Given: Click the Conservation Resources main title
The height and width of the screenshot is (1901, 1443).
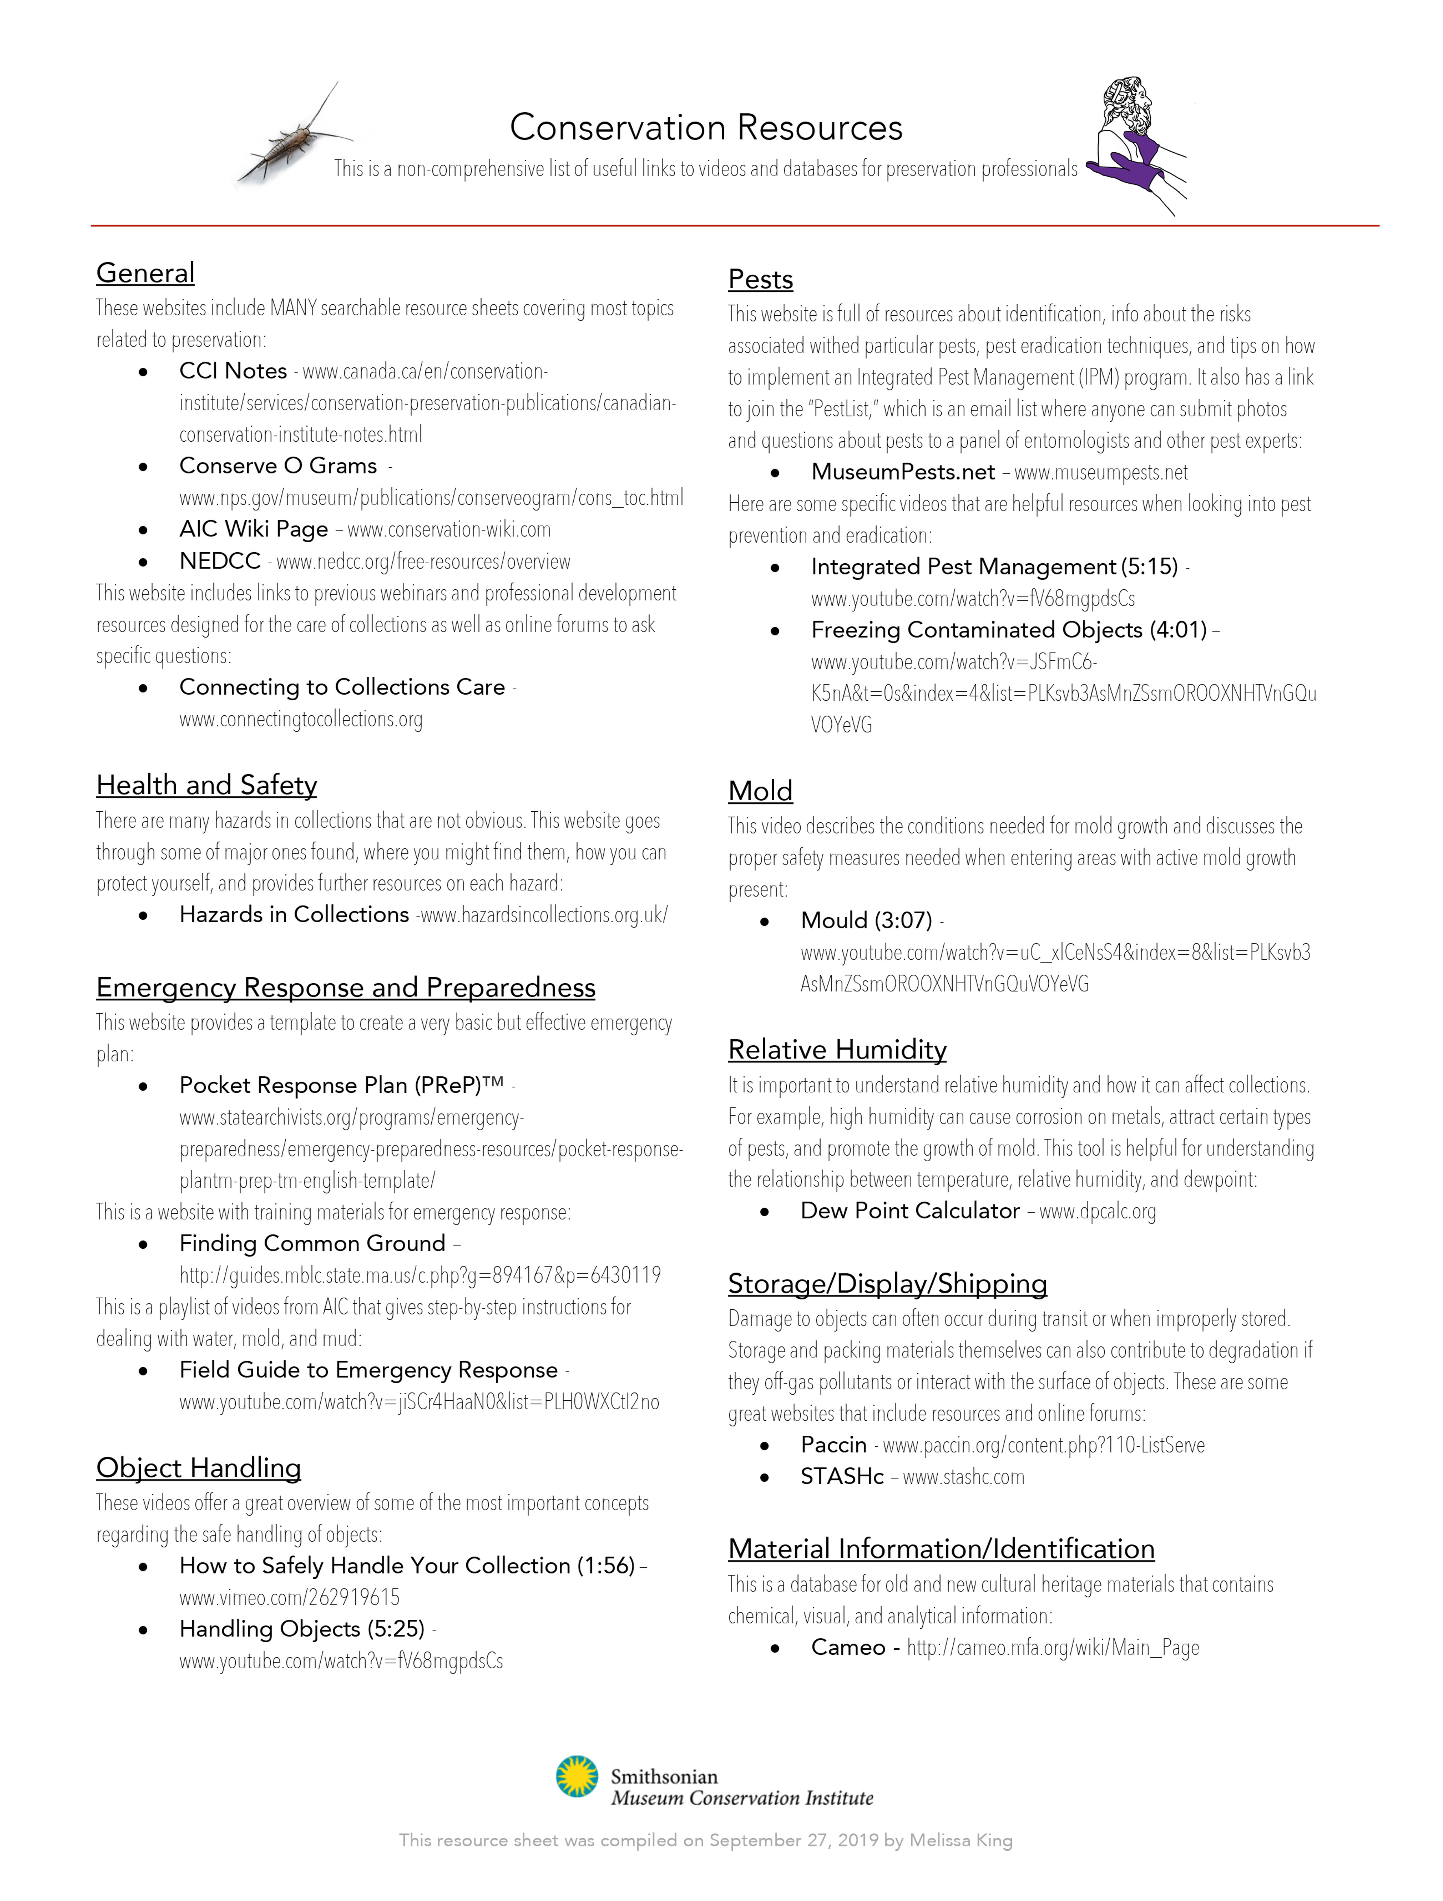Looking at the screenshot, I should pos(706,128).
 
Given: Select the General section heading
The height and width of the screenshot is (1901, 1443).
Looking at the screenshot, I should pos(145,273).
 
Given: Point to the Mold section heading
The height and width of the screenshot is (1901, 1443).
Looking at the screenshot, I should pos(760,791).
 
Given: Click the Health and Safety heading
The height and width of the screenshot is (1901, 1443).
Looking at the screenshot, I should pos(206,785).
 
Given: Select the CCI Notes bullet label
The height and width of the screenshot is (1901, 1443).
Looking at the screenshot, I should pos(233,371).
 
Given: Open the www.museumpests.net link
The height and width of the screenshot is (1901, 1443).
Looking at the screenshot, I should pos(1101,473).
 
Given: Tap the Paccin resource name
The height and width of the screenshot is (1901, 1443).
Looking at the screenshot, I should pos(833,1445).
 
